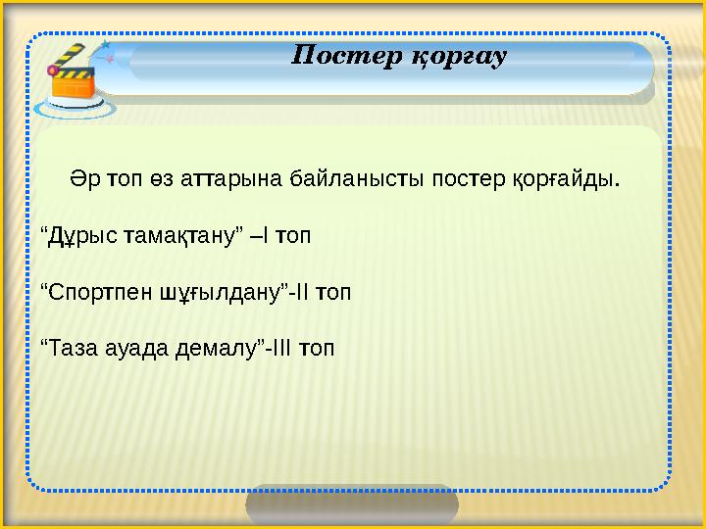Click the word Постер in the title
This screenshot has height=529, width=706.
(x=342, y=57)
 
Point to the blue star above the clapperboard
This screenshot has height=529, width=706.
(x=105, y=45)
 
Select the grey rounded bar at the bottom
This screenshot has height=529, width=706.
(x=351, y=505)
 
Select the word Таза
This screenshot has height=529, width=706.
(x=71, y=348)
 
